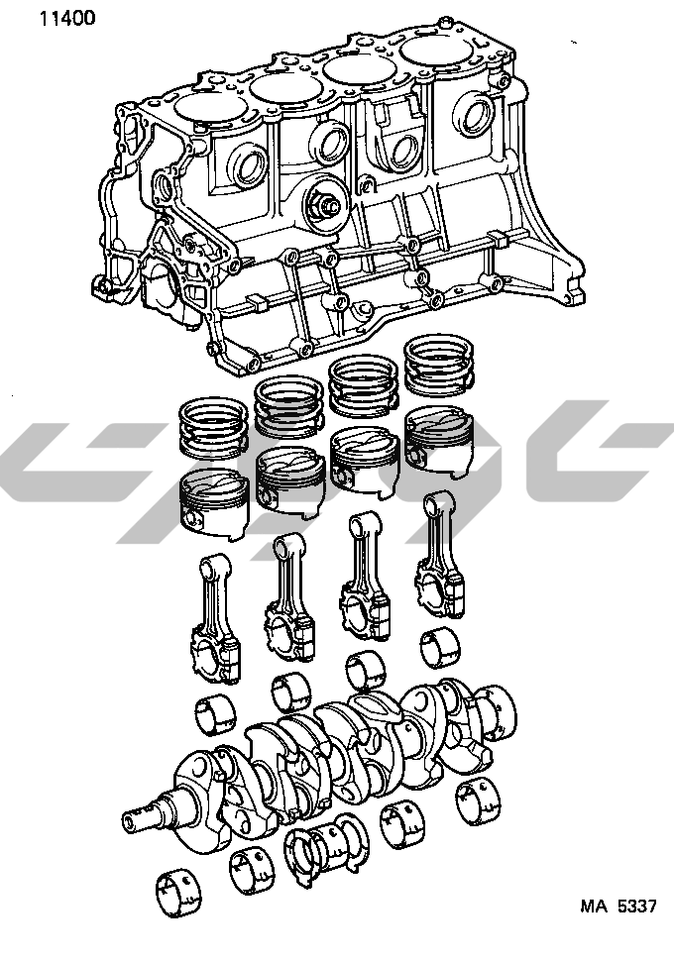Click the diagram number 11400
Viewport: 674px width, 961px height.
(x=67, y=18)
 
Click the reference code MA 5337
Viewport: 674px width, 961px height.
(x=618, y=906)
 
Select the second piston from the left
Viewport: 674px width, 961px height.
(x=289, y=482)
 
